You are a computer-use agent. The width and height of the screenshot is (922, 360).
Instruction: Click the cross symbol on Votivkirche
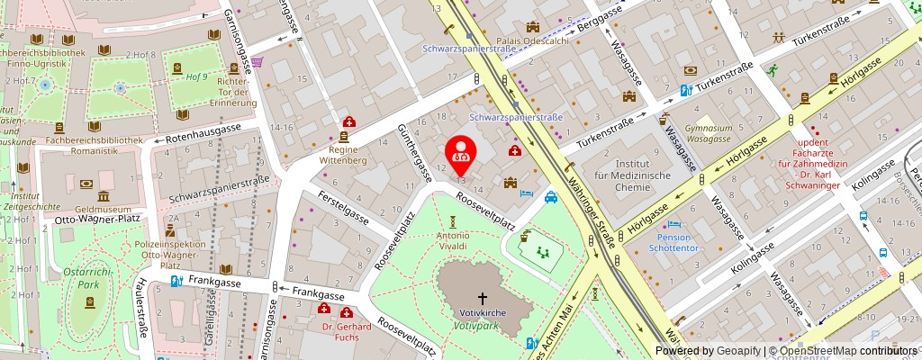click(x=481, y=297)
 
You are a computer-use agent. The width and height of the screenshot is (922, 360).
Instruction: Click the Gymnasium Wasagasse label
click(x=708, y=134)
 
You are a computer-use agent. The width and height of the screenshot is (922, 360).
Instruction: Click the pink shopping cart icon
click(x=258, y=62)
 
